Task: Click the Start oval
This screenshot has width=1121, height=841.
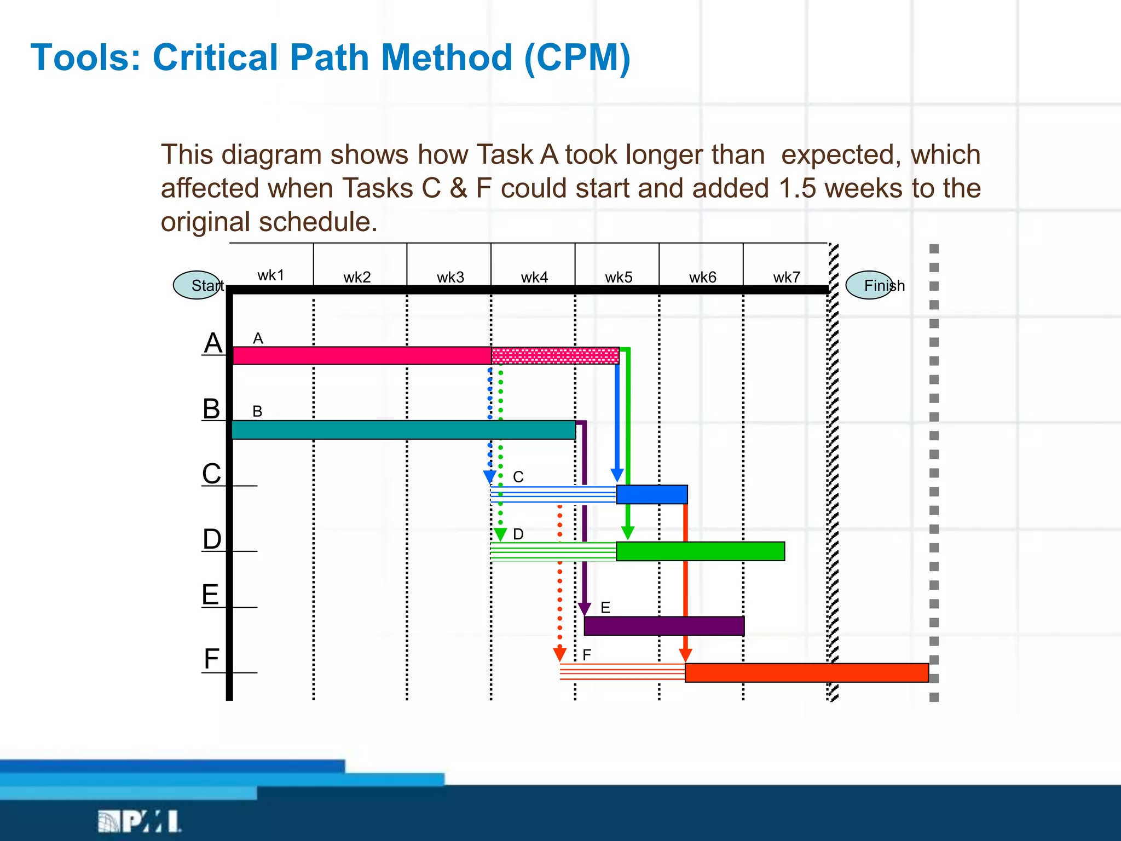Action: tap(198, 285)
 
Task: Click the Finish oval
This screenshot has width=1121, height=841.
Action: tap(870, 285)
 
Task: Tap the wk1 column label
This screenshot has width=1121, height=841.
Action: tap(271, 275)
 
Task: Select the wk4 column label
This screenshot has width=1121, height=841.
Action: tap(534, 278)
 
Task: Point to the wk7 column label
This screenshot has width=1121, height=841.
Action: tap(787, 278)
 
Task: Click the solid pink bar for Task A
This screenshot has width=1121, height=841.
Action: tap(362, 356)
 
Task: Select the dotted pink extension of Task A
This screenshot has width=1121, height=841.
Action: tap(555, 356)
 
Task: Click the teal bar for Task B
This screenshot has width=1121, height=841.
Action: tap(403, 430)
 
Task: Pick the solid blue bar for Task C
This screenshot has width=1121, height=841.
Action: tap(652, 494)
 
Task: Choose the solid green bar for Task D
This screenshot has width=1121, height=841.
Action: tap(700, 551)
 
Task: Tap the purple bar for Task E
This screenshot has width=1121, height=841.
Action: tap(664, 626)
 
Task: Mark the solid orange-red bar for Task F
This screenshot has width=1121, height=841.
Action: tap(806, 673)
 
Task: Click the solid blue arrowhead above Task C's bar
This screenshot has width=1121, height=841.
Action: tap(617, 475)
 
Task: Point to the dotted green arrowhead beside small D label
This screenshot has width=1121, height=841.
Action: tap(500, 534)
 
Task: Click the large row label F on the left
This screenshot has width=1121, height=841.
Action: tap(212, 659)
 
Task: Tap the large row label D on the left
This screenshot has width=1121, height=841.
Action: tap(212, 539)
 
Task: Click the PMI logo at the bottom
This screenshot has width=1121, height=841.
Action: tap(140, 822)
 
